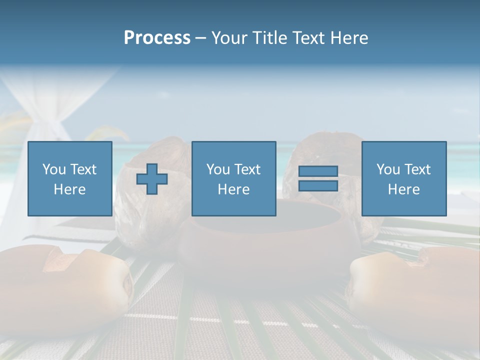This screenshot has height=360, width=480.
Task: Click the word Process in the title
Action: (157, 38)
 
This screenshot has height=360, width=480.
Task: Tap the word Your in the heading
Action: (230, 38)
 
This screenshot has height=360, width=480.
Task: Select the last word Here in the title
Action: (348, 38)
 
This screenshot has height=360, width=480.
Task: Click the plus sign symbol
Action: (152, 179)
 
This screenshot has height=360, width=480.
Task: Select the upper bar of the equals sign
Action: (318, 171)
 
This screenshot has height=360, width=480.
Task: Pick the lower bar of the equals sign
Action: (318, 185)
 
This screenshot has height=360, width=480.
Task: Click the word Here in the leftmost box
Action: (69, 189)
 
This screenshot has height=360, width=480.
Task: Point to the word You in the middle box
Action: (218, 169)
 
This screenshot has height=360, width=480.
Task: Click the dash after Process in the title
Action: (200, 38)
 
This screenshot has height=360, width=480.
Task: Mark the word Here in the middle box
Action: (233, 189)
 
